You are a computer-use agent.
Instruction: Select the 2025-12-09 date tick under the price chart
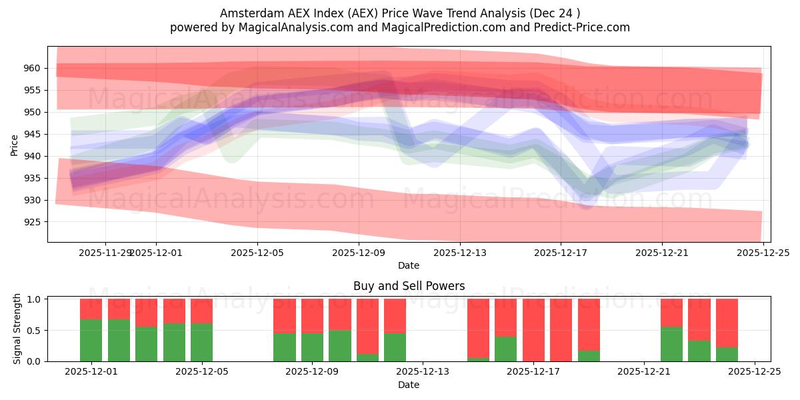pyautogui.click(x=359, y=253)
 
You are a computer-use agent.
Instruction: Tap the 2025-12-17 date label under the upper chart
pyautogui.click(x=561, y=253)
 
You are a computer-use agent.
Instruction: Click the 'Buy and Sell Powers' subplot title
pyautogui.click(x=409, y=286)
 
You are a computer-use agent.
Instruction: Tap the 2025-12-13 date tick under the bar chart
pyautogui.click(x=423, y=372)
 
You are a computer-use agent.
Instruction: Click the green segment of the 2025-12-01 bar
pyautogui.click(x=91, y=340)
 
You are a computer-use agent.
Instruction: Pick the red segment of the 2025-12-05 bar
pyautogui.click(x=201, y=311)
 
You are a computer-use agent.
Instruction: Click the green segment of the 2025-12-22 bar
pyautogui.click(x=671, y=344)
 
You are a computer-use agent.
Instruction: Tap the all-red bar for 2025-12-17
pyautogui.click(x=533, y=330)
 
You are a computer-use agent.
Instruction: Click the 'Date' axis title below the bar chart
pyautogui.click(x=409, y=385)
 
